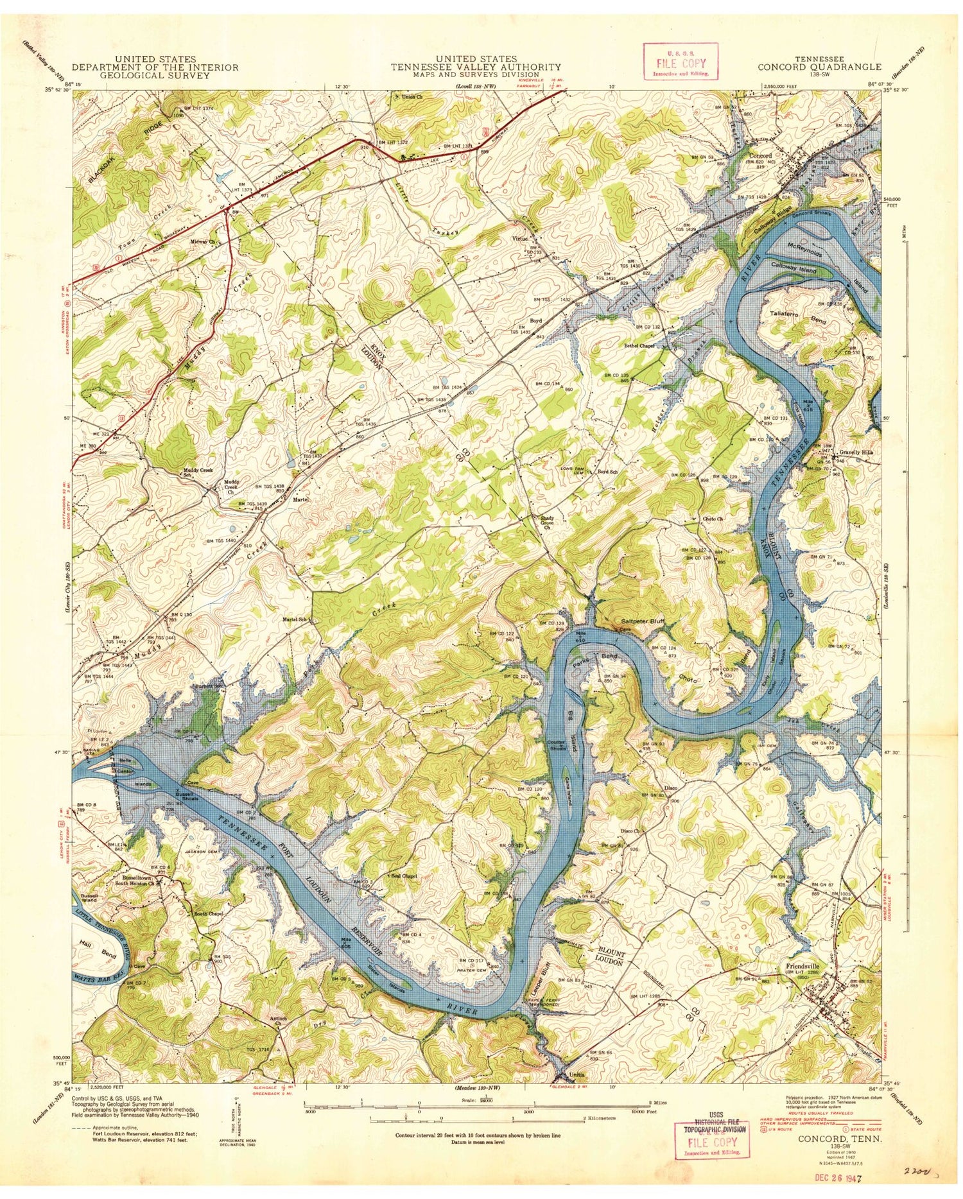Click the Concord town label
[759, 155]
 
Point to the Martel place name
[301, 498]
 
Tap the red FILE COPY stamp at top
[681, 62]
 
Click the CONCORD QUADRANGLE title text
[819, 67]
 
